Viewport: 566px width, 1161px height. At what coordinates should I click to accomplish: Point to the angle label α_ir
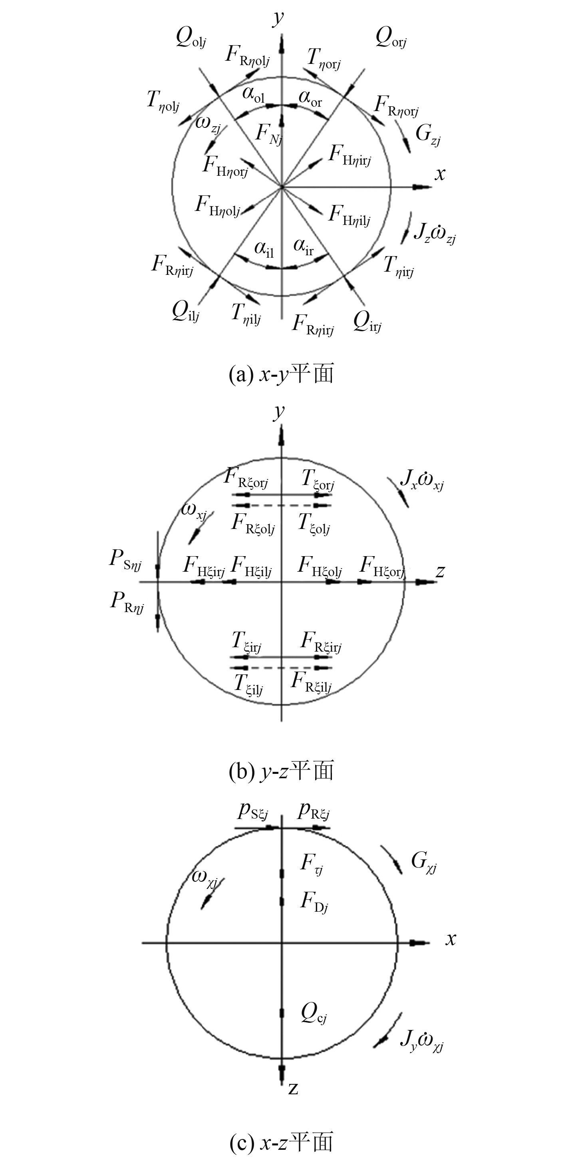pyautogui.click(x=303, y=247)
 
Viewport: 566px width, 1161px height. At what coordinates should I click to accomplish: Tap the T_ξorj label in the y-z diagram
pyautogui.click(x=318, y=479)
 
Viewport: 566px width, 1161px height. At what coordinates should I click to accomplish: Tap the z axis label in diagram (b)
pyautogui.click(x=440, y=571)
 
